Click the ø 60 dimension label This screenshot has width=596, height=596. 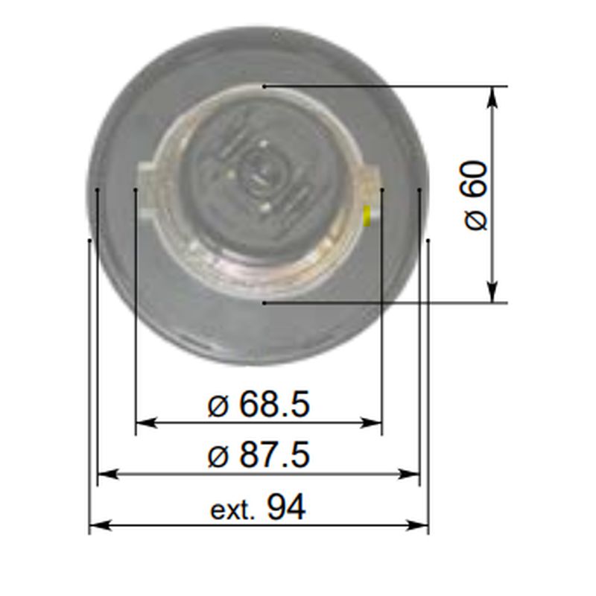point(475,196)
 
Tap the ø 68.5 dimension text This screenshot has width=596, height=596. point(259,404)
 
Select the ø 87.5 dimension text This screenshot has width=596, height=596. point(259,454)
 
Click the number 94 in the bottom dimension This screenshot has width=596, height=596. point(286,507)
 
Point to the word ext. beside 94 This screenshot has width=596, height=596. point(232,511)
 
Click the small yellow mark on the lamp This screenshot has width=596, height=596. point(367,216)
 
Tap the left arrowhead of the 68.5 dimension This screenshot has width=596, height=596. point(146,422)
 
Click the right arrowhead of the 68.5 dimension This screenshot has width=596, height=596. point(371,422)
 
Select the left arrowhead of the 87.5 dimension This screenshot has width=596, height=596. point(108,474)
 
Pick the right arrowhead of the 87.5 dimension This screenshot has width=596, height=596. point(408,474)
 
